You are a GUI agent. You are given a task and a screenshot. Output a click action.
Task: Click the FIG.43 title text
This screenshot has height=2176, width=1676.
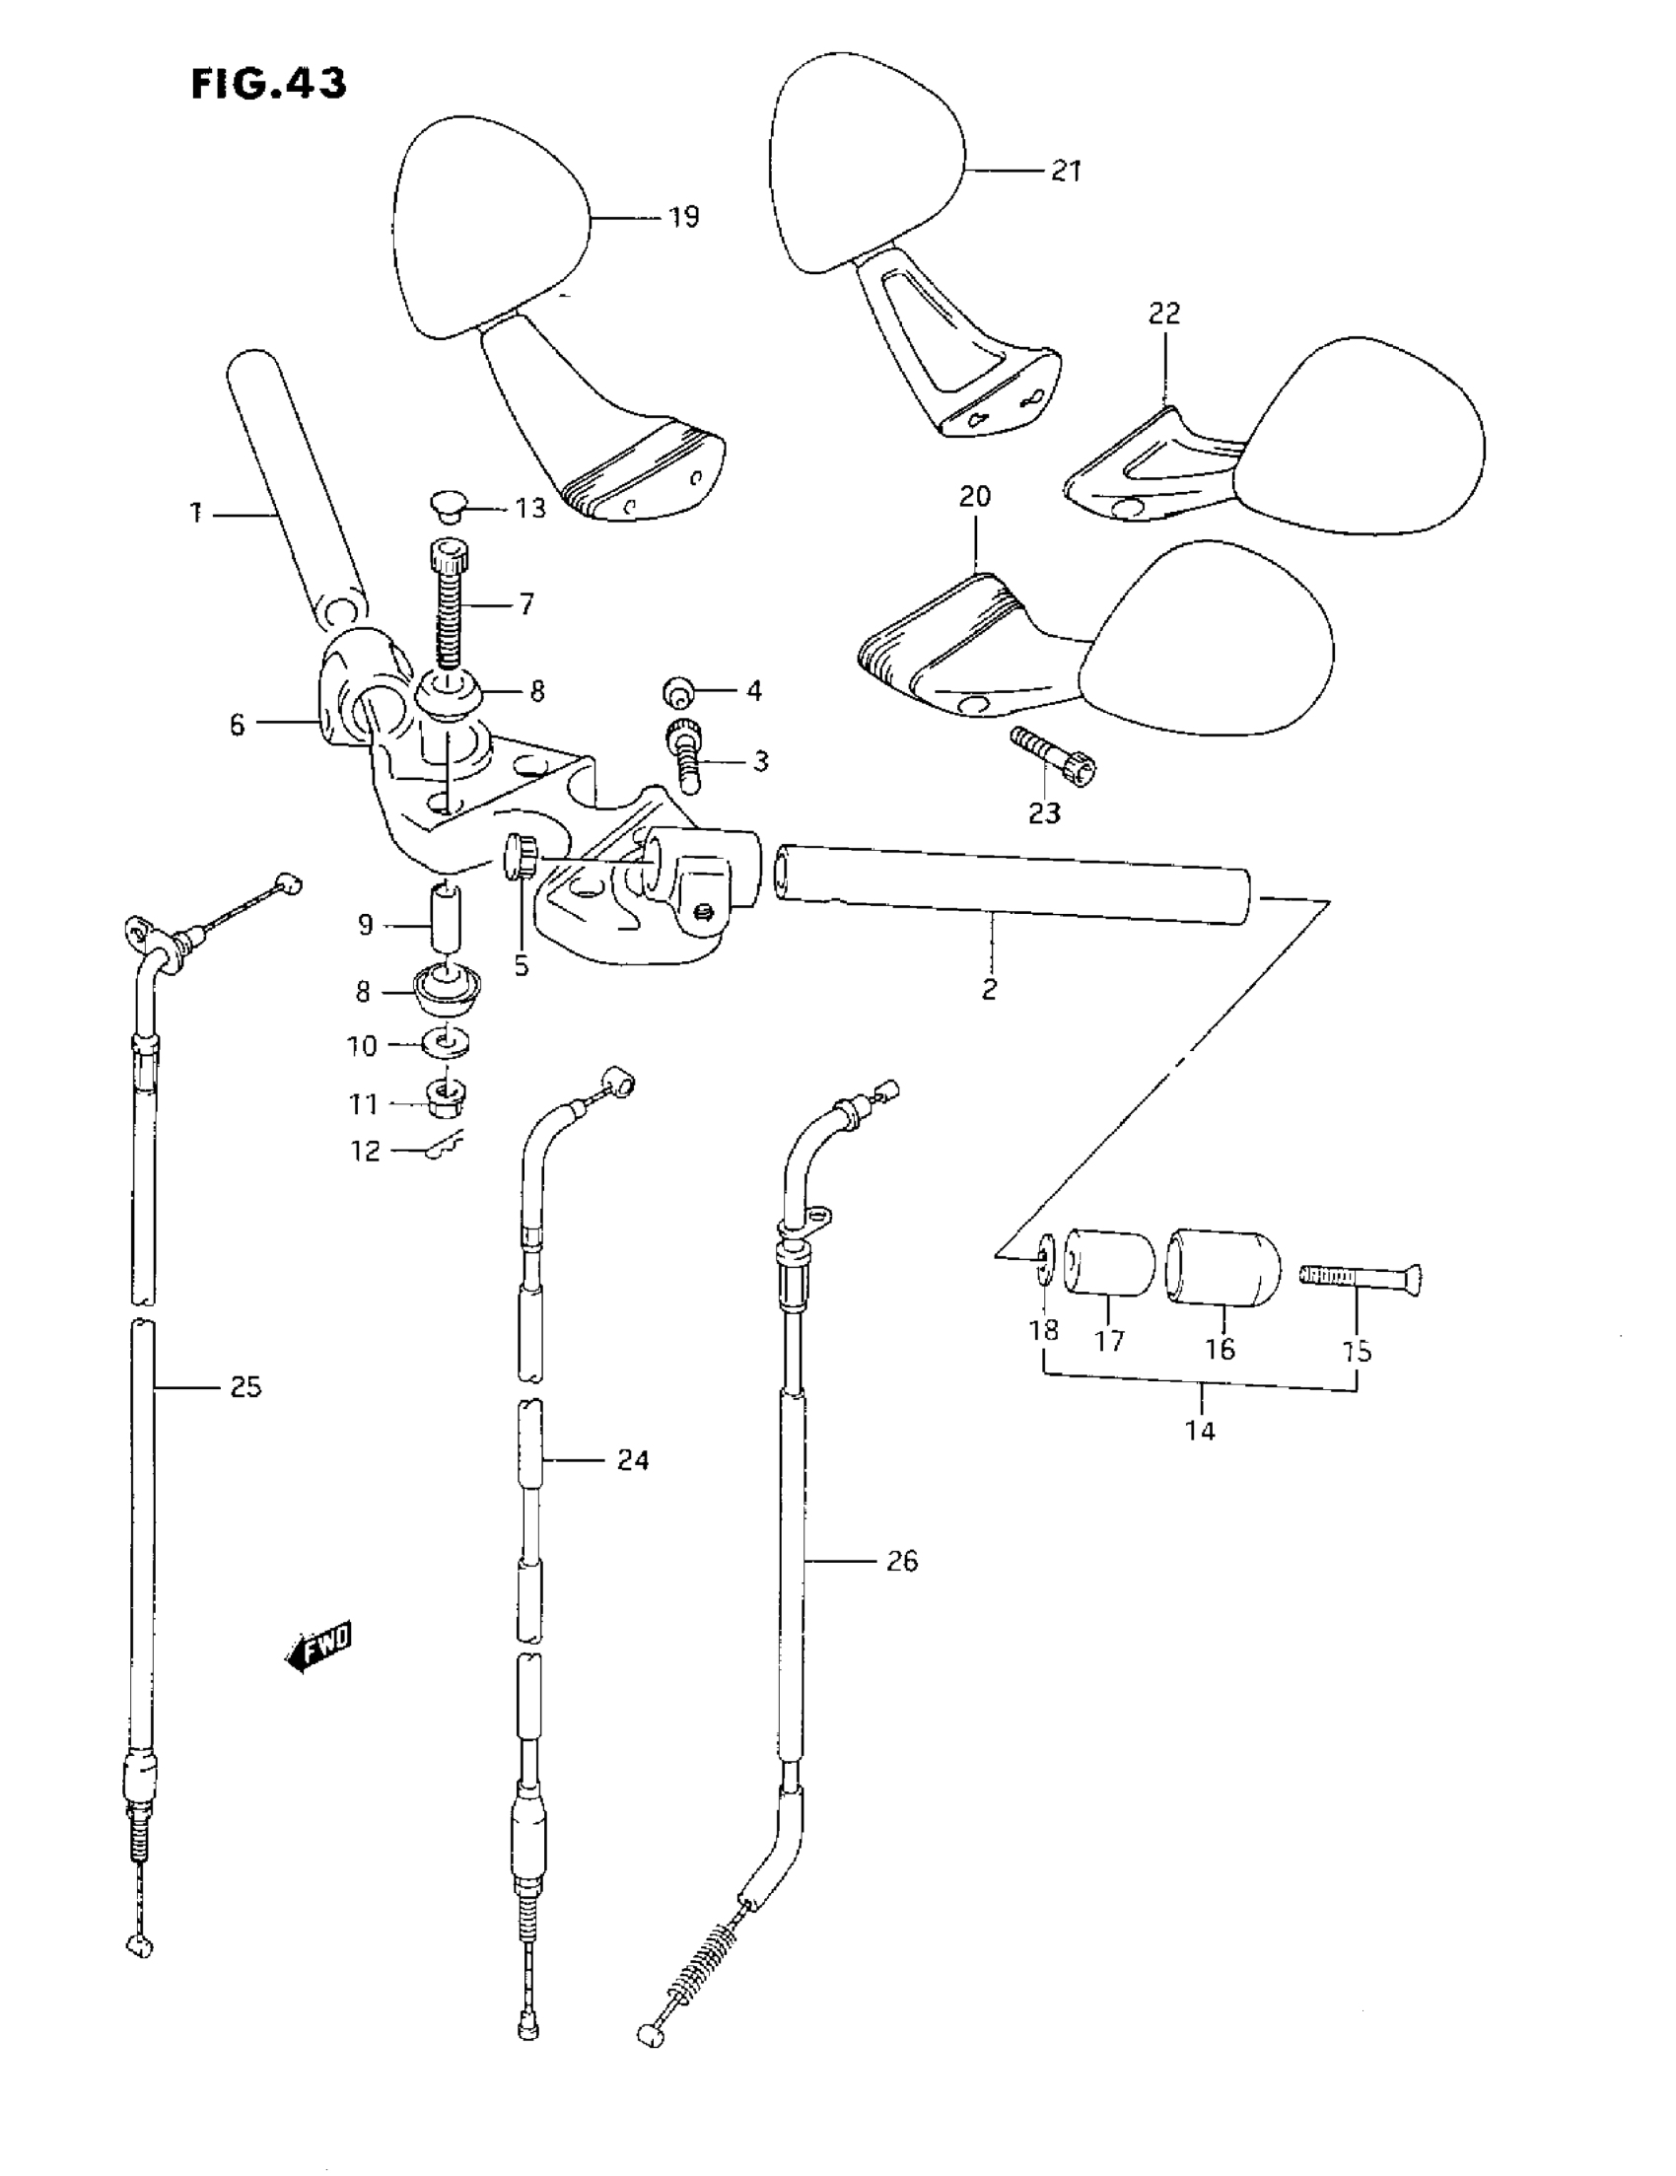coord(268,84)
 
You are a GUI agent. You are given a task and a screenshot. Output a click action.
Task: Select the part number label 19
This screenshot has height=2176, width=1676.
coord(683,217)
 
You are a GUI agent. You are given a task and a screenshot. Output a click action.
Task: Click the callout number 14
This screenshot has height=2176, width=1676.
coord(1201,1431)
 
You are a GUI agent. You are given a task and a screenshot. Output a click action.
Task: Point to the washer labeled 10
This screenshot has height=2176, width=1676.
coord(449,1043)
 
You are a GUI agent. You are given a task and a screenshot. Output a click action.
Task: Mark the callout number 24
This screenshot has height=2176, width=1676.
coord(633,1460)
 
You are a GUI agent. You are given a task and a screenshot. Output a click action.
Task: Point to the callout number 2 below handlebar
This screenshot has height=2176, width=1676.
coord(989,989)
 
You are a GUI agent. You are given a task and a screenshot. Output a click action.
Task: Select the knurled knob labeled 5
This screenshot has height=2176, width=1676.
coord(521,856)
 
